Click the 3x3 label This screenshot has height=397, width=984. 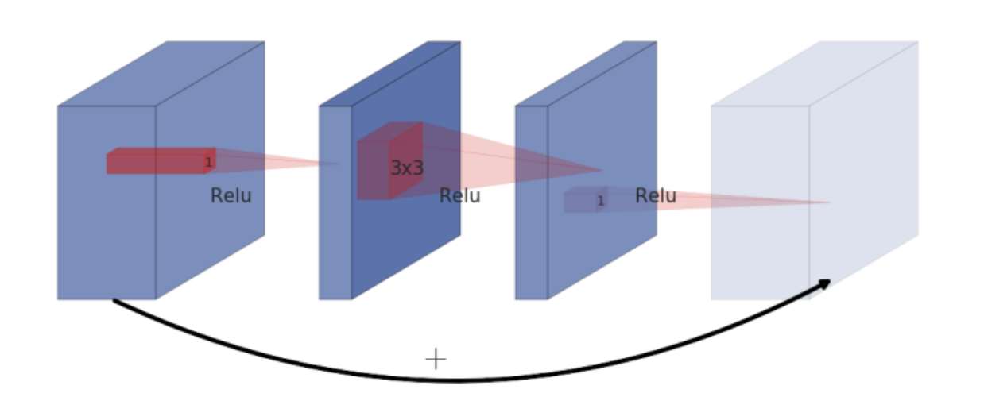[406, 168]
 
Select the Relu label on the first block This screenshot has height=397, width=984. [231, 195]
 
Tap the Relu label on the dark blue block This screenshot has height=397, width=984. [459, 195]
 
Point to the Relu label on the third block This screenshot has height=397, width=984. [656, 195]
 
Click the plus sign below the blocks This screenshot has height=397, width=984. [436, 359]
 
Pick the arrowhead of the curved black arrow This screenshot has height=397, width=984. [826, 283]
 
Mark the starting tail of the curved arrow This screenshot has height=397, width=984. [115, 301]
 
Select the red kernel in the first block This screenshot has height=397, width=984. [159, 161]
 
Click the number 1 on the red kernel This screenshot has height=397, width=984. [209, 163]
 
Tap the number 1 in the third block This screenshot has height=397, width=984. [601, 201]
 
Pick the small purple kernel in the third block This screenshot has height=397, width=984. [584, 200]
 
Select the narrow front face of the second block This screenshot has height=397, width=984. [335, 238]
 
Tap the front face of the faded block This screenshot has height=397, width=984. [759, 238]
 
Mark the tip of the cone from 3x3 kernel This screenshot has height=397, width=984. [601, 170]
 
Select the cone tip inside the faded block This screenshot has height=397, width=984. [830, 202]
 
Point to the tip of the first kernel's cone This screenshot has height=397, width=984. [339, 164]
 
